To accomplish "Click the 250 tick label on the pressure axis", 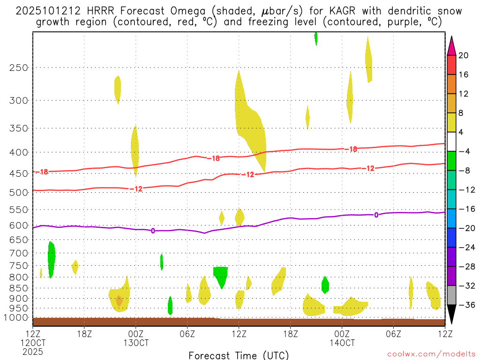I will pos(19,67).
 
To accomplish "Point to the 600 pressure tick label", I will pos(19,225).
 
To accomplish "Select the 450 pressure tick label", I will pos(19,174).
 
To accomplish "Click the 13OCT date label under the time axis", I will pos(136,343).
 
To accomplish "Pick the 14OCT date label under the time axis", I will pos(342,343).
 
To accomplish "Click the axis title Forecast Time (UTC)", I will pos(239,355).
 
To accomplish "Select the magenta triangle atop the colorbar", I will pos(451,45).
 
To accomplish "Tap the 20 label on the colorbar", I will pos(464,55).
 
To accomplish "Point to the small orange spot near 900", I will pos(119,300).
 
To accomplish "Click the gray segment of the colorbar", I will pos(451,295).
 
